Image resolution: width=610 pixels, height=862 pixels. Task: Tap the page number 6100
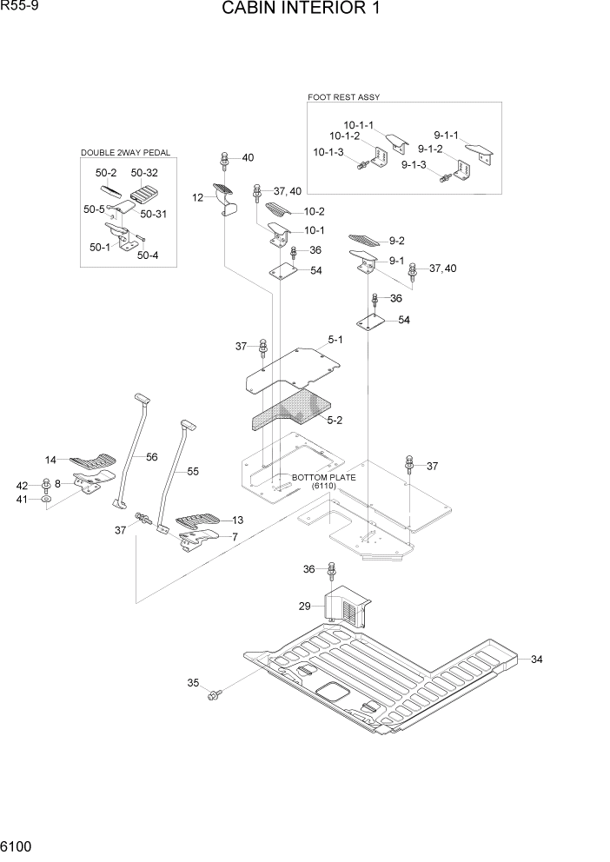(19, 845)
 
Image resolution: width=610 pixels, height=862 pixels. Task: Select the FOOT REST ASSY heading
(344, 97)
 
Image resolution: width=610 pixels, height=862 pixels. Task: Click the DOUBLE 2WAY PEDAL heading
(125, 153)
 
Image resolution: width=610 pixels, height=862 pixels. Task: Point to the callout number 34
(536, 660)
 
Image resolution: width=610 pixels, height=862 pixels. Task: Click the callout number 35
(193, 683)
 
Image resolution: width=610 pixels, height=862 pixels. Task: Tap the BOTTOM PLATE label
(323, 478)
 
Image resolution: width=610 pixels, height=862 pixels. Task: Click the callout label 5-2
(335, 420)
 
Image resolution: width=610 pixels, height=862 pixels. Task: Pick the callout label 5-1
(335, 340)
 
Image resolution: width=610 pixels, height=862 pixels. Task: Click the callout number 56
(151, 457)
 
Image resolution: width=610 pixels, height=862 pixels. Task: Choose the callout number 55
(193, 472)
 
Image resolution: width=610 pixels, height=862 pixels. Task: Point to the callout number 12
(197, 198)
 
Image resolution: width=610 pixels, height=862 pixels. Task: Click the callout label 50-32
(144, 173)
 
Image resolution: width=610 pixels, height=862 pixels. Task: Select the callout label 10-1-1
(358, 124)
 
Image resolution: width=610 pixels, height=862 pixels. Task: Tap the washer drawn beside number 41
(46, 500)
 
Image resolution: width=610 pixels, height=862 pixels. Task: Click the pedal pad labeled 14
(91, 460)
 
